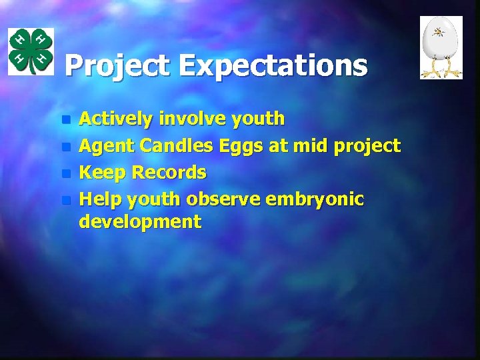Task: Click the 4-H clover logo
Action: coord(31,51)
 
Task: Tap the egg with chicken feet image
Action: coord(441,47)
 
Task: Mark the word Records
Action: coord(169,173)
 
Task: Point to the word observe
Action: coord(223,199)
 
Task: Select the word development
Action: coord(140,222)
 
